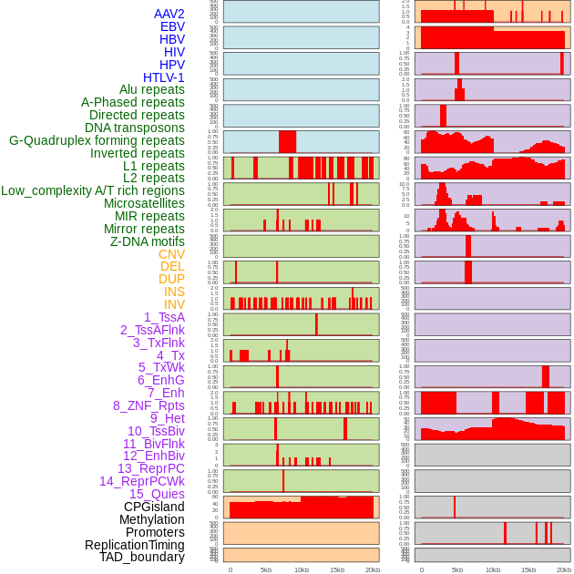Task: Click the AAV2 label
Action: click(169, 14)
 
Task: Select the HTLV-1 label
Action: click(163, 77)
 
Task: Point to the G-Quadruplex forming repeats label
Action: click(97, 140)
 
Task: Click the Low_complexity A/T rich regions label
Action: click(93, 190)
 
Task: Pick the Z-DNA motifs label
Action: click(148, 241)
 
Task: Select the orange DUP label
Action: click(171, 279)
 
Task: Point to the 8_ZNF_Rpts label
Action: click(149, 405)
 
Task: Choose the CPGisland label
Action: click(154, 507)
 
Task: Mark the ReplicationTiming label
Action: click(134, 545)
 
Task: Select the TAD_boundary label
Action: click(142, 557)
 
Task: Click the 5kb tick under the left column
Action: click(266, 569)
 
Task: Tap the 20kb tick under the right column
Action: click(564, 569)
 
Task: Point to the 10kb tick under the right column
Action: click(493, 569)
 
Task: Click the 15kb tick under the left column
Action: click(337, 569)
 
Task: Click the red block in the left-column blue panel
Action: click(287, 142)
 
